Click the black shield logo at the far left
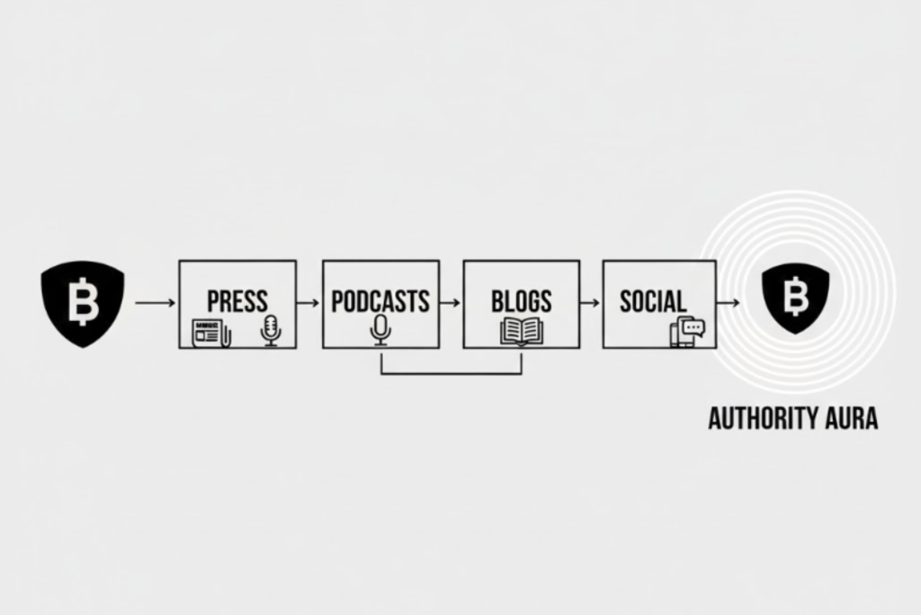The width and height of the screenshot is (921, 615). (82, 303)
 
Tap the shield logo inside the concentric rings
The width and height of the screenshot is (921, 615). (795, 299)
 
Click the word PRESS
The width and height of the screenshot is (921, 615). (237, 300)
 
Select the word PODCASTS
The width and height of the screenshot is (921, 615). (380, 300)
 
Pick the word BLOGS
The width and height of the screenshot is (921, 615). (521, 300)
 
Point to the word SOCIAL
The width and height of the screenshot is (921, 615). (653, 300)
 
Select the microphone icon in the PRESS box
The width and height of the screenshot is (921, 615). (270, 329)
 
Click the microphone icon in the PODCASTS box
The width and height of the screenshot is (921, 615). (381, 329)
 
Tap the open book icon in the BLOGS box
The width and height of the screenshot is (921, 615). (522, 331)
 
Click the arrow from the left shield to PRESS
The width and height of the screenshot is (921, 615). (155, 303)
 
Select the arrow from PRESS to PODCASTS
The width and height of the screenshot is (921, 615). (308, 303)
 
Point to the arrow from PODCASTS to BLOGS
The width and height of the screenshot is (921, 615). (451, 303)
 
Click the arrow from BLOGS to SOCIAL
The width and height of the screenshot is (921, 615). (590, 303)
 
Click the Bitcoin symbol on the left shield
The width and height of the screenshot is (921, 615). (83, 302)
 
